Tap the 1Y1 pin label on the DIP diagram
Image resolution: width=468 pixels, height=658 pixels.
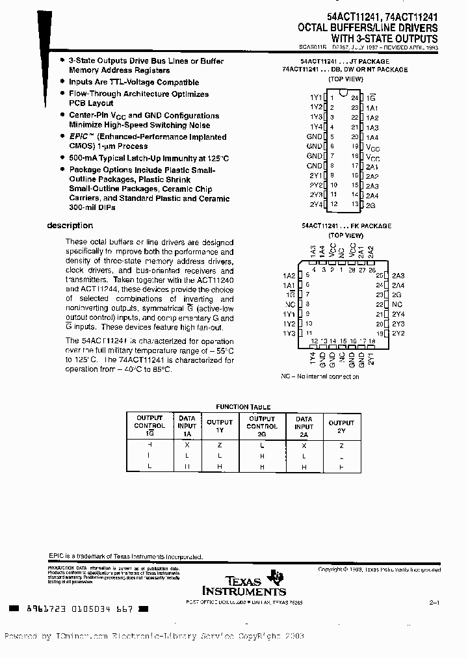315,97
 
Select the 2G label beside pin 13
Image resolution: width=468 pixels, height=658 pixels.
370,205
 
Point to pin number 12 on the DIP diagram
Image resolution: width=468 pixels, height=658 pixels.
334,204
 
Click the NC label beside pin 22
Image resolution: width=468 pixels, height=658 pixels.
397,304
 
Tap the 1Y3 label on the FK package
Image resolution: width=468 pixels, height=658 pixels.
289,333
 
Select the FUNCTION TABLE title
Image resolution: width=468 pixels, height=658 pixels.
242,407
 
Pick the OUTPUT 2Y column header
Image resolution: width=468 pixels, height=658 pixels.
341,427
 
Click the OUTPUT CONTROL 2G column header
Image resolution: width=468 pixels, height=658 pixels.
262,427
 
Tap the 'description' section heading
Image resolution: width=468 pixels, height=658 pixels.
70,226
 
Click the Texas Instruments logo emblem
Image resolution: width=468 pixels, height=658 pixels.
278,577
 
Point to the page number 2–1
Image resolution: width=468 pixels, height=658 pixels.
435,603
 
